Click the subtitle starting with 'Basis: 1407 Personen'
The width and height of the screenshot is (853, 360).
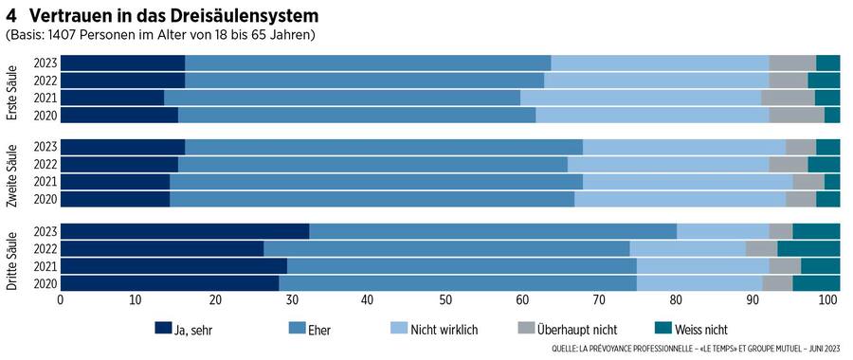160,35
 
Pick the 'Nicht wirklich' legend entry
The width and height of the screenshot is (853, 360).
440,329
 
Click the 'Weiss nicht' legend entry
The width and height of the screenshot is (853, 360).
692,329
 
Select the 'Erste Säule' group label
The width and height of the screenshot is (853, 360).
12,89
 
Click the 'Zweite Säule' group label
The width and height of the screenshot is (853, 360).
12,173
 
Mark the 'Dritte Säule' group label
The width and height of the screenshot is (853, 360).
12,258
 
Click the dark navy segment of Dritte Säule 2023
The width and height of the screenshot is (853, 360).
185,232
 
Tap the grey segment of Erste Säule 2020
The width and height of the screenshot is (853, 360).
796,116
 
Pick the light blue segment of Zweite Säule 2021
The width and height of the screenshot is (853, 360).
687,182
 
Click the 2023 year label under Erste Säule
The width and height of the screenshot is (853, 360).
45,63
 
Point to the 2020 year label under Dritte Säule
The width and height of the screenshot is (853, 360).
45,283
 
